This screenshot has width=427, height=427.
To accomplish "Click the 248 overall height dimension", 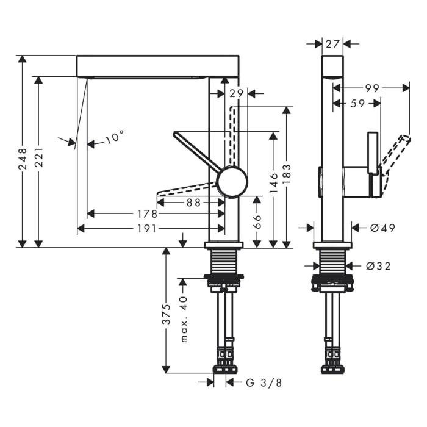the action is pyautogui.click(x=23, y=159).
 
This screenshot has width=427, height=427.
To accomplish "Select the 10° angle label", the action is pyautogui.click(x=115, y=136).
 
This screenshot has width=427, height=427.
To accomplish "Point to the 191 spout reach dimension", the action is pyautogui.click(x=147, y=229).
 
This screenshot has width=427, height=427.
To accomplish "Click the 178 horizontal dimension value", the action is pyautogui.click(x=147, y=214).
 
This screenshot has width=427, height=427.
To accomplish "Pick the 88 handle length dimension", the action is pyautogui.click(x=193, y=203).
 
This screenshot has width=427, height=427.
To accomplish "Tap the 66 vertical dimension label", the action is pyautogui.click(x=257, y=221).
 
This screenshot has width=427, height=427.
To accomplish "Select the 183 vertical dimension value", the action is pyautogui.click(x=287, y=174).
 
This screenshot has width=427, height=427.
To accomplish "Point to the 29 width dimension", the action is pyautogui.click(x=236, y=94).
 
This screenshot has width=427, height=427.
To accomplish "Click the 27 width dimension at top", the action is pyautogui.click(x=332, y=43).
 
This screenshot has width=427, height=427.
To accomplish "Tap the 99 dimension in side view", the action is pyautogui.click(x=372, y=88).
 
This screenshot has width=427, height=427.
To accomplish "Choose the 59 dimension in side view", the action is pyautogui.click(x=357, y=104).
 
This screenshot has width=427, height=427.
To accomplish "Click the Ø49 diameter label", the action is pyautogui.click(x=382, y=228).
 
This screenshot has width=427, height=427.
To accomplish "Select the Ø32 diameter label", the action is pyautogui.click(x=378, y=266).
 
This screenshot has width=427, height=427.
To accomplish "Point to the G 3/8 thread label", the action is pyautogui.click(x=264, y=383).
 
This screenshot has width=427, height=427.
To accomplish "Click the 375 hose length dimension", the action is pyautogui.click(x=166, y=314).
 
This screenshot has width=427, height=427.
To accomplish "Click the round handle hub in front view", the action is pyautogui.click(x=232, y=182).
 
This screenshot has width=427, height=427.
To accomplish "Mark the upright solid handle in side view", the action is pyautogui.click(x=373, y=153).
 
